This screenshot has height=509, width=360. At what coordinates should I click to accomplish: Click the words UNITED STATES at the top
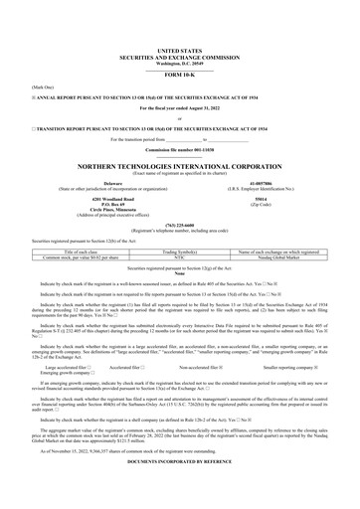179,47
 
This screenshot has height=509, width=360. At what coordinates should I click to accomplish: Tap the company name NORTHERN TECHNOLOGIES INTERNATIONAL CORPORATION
179,166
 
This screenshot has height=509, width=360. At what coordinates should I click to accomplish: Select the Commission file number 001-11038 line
179,148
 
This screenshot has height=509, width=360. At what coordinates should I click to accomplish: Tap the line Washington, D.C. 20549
179,60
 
